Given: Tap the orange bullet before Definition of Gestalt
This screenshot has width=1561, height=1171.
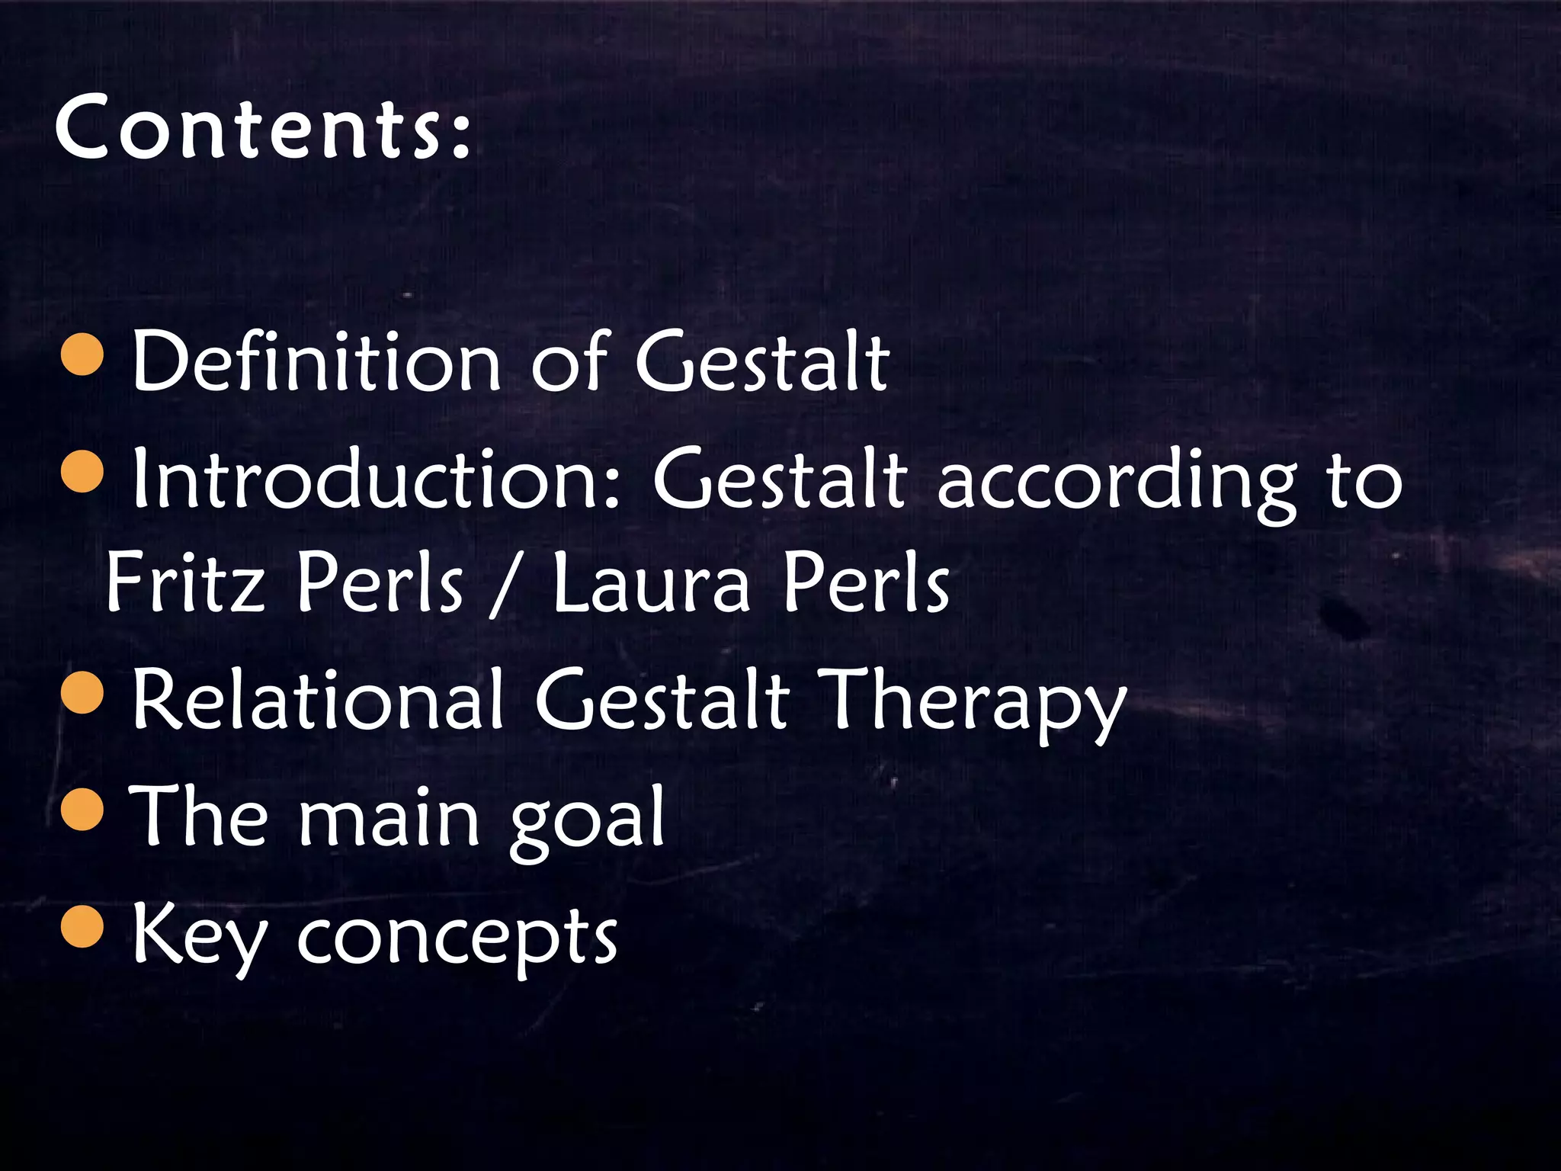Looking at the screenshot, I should [82, 355].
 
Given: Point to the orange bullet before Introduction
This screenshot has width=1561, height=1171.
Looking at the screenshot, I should [82, 472].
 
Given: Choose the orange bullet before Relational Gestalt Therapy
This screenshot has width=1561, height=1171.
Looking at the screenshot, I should [82, 692].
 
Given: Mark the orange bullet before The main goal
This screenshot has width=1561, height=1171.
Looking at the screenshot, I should [82, 809].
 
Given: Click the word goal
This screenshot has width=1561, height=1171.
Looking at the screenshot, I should [587, 820].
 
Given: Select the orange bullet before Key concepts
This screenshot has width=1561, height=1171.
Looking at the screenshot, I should [82, 926].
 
